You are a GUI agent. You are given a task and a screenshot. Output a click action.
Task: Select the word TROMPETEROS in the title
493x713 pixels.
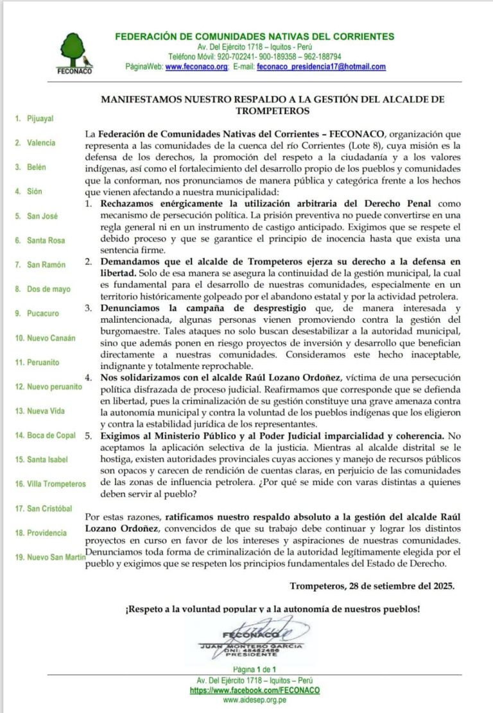[273, 110]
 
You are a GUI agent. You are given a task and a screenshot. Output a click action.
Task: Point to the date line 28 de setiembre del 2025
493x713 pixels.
[372, 586]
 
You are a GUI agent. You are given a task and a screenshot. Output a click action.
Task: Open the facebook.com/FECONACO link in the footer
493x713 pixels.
[255, 691]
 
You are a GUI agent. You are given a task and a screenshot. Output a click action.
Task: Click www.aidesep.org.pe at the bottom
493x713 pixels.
[255, 701]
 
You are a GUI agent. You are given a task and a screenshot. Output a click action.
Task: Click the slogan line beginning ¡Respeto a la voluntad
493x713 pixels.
[273, 608]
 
